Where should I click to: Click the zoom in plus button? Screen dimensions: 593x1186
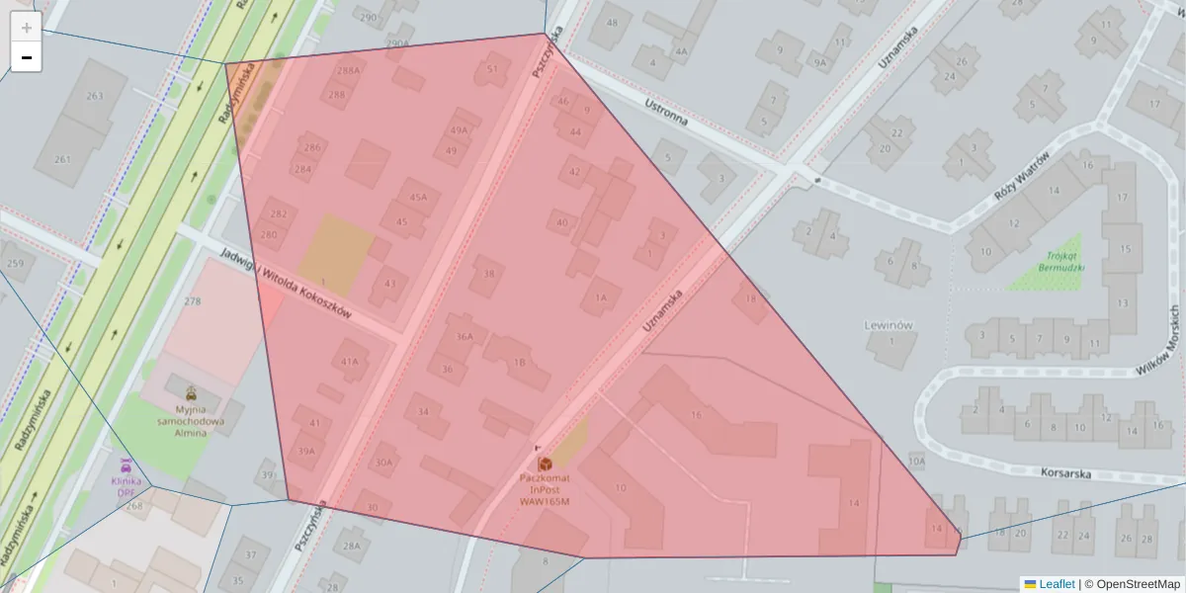[26, 28]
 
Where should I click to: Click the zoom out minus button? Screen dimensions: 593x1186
[26, 57]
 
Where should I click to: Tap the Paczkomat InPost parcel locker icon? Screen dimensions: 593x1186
[545, 463]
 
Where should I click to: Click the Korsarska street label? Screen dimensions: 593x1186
[1065, 473]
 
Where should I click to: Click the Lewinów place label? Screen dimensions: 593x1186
[888, 324]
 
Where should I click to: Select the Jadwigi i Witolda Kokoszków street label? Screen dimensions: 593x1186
[286, 282]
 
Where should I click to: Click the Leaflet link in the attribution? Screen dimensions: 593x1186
[1057, 584]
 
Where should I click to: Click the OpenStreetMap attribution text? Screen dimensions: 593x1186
[1138, 584]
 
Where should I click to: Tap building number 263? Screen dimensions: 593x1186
[95, 96]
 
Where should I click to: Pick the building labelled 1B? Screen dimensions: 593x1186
[519, 363]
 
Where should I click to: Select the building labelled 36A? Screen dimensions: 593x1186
[465, 336]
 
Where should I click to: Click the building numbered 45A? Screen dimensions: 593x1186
[419, 198]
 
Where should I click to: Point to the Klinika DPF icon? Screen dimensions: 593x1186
[126, 464]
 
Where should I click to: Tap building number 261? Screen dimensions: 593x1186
[62, 159]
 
